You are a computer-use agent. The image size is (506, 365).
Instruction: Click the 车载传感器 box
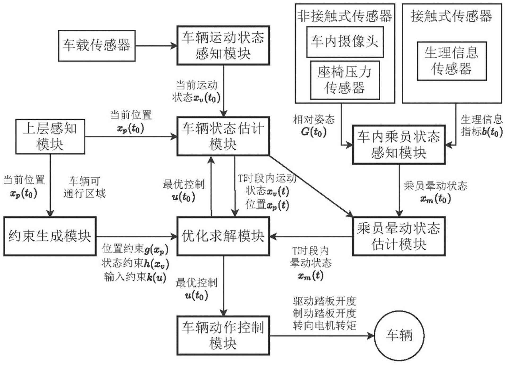click(x=97, y=46)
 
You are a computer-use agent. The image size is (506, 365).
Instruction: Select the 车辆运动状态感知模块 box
click(x=223, y=45)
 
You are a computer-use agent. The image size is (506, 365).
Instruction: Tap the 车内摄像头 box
click(x=345, y=42)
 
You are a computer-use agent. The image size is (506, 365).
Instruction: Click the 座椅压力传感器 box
click(x=345, y=80)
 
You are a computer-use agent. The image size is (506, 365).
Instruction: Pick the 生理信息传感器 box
click(x=451, y=61)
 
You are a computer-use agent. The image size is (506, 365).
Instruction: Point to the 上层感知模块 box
click(x=50, y=136)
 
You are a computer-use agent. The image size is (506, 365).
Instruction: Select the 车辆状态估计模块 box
click(x=223, y=136)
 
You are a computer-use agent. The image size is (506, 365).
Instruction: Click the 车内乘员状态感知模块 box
click(x=399, y=145)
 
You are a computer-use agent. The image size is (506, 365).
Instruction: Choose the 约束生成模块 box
click(x=50, y=236)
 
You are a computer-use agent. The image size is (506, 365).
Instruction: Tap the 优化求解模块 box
click(x=223, y=236)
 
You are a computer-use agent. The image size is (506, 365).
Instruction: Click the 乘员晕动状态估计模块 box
click(x=399, y=236)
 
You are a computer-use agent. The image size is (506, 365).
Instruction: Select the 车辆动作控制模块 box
click(x=223, y=335)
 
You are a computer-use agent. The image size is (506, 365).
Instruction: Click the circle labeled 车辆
click(x=399, y=335)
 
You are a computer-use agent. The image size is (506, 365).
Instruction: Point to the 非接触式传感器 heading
click(x=345, y=16)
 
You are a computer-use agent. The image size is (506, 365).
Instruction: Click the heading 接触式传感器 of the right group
click(x=451, y=16)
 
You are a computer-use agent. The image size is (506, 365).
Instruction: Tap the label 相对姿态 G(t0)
click(x=314, y=125)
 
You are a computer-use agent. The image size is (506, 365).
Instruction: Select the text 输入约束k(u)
click(x=135, y=277)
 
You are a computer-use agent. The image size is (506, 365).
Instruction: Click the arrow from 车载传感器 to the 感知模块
click(x=156, y=46)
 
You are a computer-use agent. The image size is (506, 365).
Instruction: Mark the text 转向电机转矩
click(x=324, y=325)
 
